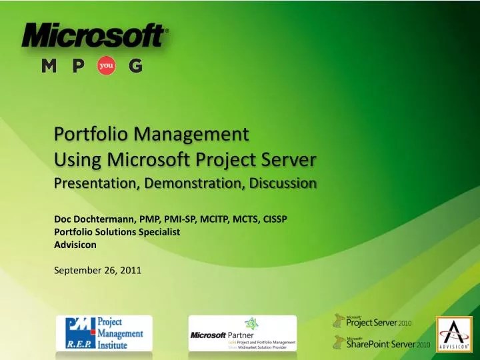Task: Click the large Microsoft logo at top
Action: pyautogui.click(x=95, y=35)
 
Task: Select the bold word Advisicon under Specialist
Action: pyautogui.click(x=75, y=245)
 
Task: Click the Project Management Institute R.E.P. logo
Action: pyautogui.click(x=104, y=333)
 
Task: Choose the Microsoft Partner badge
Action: pyautogui.click(x=243, y=333)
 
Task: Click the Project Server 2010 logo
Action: pyautogui.click(x=374, y=322)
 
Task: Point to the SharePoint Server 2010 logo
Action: pyautogui.click(x=381, y=343)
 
